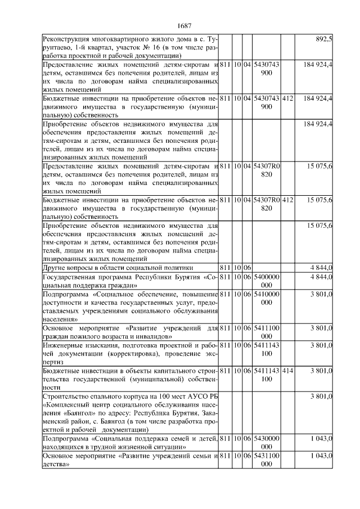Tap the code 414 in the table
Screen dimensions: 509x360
point(287,371)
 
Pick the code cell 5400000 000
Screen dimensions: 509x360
point(267,281)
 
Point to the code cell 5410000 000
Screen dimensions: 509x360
point(267,298)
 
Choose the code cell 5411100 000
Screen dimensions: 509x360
point(267,331)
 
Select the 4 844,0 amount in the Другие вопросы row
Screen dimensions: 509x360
point(322,268)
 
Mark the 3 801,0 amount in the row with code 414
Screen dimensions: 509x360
point(322,371)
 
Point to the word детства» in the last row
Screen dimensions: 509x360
point(56,466)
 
